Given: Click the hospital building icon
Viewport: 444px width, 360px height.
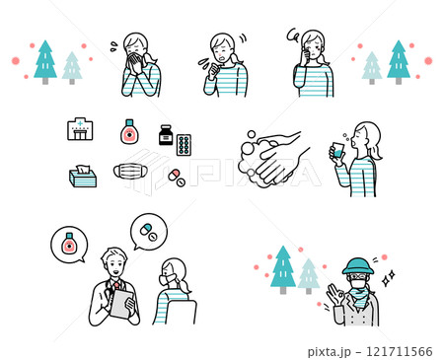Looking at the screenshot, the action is pos(80,129).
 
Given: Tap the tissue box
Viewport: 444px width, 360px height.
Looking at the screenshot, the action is pos(83,177).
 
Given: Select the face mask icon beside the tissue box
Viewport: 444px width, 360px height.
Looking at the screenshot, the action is pos(128,172).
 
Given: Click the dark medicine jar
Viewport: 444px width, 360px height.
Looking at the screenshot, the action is pos(166,135).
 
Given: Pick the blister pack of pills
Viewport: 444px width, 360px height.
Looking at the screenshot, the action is pos(184,145).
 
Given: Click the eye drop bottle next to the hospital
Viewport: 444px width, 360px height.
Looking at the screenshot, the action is pos(129,131).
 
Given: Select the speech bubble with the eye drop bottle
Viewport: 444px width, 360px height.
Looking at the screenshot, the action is pos(69,245).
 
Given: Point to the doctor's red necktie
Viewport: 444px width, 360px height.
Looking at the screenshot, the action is pos(116,285).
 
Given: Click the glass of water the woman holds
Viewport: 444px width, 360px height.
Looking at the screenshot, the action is pos(337,150).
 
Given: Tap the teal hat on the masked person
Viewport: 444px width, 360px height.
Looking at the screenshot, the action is pos(358,266).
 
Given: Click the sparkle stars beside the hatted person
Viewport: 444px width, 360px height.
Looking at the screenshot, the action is pos(388,278).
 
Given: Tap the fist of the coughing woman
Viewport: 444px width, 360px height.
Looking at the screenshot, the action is pos(214,72).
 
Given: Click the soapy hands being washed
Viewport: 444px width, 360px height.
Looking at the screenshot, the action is pos(273,160).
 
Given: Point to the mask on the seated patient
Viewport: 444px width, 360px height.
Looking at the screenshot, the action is pos(165,279).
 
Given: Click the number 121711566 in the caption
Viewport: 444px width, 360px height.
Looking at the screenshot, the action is pos(400,352).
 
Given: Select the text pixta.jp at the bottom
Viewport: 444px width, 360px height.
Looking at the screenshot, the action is pos(329,352).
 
